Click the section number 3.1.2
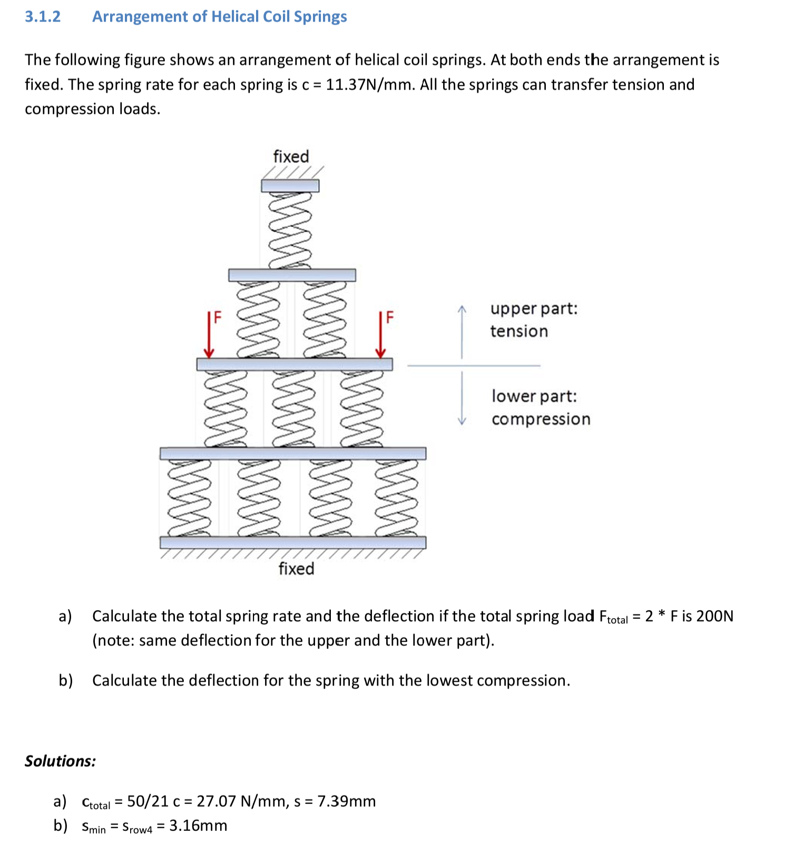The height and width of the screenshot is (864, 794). click(43, 17)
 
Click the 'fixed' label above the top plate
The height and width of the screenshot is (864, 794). click(291, 157)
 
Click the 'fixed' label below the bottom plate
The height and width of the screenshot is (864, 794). click(296, 569)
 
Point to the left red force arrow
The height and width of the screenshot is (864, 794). click(209, 335)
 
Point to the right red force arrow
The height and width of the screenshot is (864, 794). click(381, 335)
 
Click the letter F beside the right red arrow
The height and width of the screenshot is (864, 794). click(390, 317)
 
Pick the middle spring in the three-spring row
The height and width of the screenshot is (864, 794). click(293, 409)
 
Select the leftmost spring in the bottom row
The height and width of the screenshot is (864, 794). click(189, 498)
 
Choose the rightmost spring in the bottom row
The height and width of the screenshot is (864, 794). click(397, 498)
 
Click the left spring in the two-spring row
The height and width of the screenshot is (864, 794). click(259, 320)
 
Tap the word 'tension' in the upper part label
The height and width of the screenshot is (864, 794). click(519, 332)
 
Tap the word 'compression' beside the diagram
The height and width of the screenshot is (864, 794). click(541, 420)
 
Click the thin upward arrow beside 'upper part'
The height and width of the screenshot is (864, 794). click(462, 332)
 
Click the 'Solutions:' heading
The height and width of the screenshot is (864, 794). click(61, 761)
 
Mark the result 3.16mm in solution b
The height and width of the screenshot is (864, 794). click(198, 826)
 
